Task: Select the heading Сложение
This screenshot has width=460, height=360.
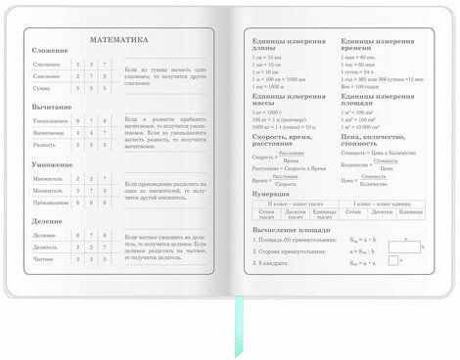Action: [49, 51]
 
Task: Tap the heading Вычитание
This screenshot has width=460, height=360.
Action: [51, 107]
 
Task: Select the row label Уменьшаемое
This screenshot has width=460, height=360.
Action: [50, 121]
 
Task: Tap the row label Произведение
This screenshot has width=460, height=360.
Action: [50, 202]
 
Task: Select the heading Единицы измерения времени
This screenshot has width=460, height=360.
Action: [378, 45]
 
